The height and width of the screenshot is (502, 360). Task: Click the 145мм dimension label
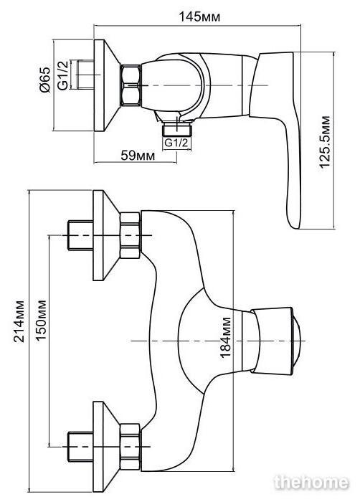199,16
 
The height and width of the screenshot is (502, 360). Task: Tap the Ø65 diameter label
45,80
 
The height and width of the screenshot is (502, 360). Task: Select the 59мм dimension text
138,156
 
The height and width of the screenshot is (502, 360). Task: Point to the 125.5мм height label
325,142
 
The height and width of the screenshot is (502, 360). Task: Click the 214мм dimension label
19,321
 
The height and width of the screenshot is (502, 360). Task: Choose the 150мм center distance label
41,320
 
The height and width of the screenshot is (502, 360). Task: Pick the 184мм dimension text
225,338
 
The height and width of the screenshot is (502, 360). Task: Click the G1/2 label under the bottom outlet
176,143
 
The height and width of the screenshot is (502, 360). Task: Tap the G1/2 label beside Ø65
63,75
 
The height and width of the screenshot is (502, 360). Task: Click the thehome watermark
311,482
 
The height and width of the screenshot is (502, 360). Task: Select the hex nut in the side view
131,85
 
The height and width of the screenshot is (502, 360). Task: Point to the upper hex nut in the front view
130,235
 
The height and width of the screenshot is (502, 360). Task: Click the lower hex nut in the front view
130,447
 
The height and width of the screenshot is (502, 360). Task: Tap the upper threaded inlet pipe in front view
81,235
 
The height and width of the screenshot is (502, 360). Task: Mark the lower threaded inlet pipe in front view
81,447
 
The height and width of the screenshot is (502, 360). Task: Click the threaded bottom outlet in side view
177,128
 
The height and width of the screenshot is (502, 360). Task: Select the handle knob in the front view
276,341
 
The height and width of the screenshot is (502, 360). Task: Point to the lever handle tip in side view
295,227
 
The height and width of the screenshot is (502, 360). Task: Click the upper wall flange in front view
106,235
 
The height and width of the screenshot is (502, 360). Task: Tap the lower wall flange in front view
106,447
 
